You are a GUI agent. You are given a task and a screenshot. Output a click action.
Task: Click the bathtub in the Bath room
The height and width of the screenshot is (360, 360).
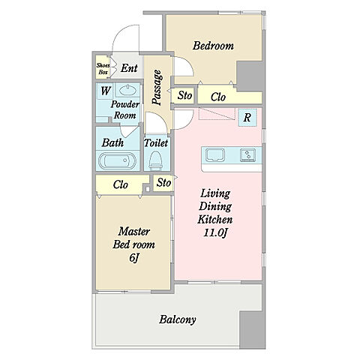(117, 160)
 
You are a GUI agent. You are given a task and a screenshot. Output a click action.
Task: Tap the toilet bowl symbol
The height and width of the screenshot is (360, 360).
(156, 160)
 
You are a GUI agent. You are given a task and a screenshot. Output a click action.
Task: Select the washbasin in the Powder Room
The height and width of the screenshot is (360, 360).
(127, 90)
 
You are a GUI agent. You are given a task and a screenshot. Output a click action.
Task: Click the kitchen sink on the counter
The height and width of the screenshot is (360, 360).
(214, 154)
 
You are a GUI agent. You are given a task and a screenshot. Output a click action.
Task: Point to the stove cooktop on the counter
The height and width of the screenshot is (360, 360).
(247, 155)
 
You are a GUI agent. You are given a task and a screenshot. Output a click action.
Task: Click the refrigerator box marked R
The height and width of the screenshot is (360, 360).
(247, 117)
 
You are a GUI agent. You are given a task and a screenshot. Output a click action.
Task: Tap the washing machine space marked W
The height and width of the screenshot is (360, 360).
(105, 91)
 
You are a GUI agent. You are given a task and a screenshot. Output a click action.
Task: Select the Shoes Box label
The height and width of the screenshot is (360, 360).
(103, 69)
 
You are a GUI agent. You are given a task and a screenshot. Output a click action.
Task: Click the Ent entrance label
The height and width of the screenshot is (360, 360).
(129, 68)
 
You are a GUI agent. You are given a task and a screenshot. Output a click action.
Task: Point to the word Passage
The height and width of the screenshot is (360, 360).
(157, 87)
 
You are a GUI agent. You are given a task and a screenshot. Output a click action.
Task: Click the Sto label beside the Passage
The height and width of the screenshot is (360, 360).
(185, 95)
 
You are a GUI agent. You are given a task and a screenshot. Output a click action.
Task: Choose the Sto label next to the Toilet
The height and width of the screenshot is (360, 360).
(163, 183)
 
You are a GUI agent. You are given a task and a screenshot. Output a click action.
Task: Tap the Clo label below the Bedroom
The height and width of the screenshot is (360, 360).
(218, 97)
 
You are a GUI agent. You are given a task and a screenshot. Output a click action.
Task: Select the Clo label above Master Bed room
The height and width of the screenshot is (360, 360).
(120, 184)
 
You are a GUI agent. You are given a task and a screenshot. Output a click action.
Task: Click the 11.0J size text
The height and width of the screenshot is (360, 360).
(215, 233)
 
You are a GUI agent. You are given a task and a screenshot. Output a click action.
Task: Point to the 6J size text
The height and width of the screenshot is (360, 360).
(134, 258)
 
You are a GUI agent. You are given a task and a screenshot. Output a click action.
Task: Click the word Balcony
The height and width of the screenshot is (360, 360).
(178, 319)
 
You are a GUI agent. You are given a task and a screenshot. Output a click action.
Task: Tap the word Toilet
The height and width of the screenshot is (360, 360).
(156, 143)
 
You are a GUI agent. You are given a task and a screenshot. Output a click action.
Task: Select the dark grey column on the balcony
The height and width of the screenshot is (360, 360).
(252, 330)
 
